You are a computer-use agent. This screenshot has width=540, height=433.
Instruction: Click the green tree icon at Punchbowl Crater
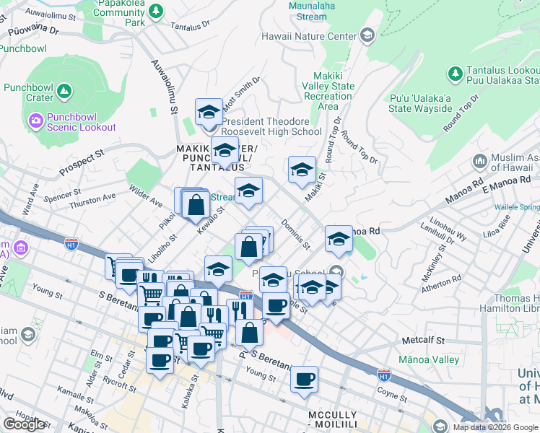pyautogui.click(x=64, y=91)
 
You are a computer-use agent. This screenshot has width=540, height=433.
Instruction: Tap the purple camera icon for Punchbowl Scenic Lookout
pyautogui.click(x=35, y=118)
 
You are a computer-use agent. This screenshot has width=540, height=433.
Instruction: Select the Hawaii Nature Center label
pyautogui.click(x=309, y=36)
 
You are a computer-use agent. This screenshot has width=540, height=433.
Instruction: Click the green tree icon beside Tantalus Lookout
pyautogui.click(x=456, y=73)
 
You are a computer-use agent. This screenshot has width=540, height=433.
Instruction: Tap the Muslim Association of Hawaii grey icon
pyautogui.click(x=479, y=160)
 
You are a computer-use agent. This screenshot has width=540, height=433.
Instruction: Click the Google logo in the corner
pyautogui.click(x=24, y=424)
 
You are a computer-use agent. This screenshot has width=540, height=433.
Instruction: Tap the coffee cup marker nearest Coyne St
pyautogui.click(x=304, y=379)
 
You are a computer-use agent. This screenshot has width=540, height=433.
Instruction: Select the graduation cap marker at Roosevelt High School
pyautogui.click(x=209, y=112)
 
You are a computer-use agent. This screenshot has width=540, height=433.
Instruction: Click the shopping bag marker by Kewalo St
pyautogui.click(x=196, y=204)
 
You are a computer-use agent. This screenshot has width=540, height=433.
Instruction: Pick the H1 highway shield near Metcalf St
pyautogui.click(x=383, y=375)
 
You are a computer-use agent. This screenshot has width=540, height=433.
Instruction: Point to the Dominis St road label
pyautogui.click(x=295, y=235)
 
